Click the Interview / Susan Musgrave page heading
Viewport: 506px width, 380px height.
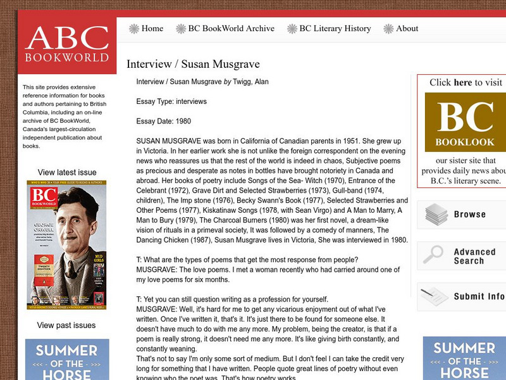tap(193, 65)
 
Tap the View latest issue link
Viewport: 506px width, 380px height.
tap(67, 172)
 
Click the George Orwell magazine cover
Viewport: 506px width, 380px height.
tap(66, 245)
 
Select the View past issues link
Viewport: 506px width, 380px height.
tap(66, 326)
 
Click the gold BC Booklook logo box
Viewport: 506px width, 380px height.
tap(466, 122)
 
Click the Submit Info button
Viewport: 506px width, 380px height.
tap(479, 296)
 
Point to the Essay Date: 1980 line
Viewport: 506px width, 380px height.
tap(163, 121)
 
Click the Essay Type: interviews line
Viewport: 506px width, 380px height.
tap(171, 101)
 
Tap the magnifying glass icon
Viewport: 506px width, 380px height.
tap(433, 255)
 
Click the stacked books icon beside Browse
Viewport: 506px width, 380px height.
tap(436, 214)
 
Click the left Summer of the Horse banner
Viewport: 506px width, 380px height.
tap(66, 360)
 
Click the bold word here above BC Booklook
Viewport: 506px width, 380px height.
tap(463, 82)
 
